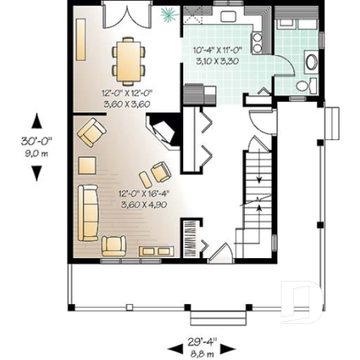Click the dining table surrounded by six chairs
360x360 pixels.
coord(128,61)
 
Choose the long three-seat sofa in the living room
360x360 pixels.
coord(88,213)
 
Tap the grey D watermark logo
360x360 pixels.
coord(301,301)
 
